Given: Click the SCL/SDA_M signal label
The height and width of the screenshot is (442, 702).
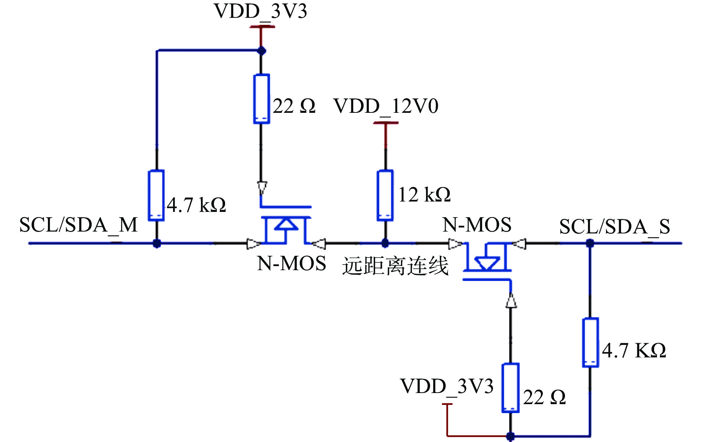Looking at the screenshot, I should pyautogui.click(x=78, y=225).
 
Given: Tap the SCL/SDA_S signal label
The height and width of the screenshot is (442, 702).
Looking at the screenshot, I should pyautogui.click(x=614, y=226).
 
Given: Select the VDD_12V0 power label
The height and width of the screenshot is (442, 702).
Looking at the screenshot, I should pyautogui.click(x=386, y=106).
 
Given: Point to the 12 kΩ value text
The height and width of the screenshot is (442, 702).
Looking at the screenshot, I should pyautogui.click(x=424, y=194).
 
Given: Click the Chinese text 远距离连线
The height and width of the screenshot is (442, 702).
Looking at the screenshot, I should pyautogui.click(x=395, y=266).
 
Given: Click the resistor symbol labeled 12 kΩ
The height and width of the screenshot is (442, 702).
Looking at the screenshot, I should pyautogui.click(x=385, y=196).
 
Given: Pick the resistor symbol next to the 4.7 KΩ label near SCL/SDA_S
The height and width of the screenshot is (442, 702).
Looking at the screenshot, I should pyautogui.click(x=590, y=342).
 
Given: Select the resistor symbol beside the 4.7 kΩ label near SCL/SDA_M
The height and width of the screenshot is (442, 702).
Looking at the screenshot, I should pyautogui.click(x=156, y=196).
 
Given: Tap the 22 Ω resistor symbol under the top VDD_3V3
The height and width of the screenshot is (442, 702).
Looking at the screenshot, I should pyautogui.click(x=261, y=99).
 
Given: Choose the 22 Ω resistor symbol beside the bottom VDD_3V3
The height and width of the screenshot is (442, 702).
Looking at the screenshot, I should pyautogui.click(x=510, y=388).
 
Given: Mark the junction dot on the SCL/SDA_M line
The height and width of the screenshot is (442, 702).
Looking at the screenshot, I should pyautogui.click(x=157, y=243).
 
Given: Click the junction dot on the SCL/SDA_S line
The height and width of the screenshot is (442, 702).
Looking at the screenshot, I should pyautogui.click(x=590, y=243).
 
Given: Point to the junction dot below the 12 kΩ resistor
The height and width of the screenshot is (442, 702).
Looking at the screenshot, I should pyautogui.click(x=385, y=243).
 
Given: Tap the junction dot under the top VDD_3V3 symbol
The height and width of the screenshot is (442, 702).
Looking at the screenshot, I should pyautogui.click(x=261, y=51).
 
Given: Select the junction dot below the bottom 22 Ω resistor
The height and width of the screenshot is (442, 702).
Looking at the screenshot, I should pyautogui.click(x=510, y=436).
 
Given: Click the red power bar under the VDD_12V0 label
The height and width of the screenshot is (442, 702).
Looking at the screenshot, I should pyautogui.click(x=386, y=123).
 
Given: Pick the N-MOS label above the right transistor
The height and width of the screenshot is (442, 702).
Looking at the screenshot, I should pyautogui.click(x=477, y=225).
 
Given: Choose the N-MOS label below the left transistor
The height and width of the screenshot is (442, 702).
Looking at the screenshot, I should pyautogui.click(x=292, y=263).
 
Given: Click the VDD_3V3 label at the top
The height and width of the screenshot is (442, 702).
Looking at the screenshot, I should pyautogui.click(x=260, y=11).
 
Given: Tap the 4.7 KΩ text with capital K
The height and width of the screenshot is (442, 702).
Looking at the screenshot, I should pyautogui.click(x=634, y=350).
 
